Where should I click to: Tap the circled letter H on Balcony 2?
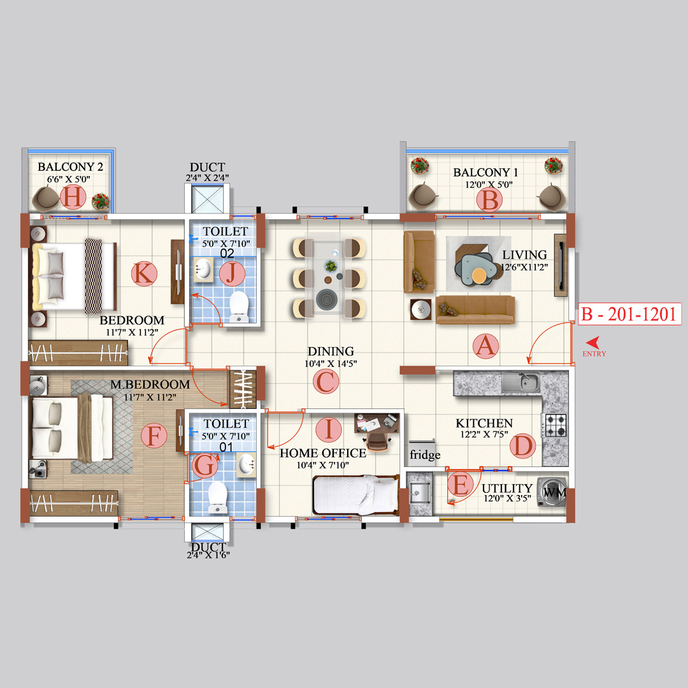(73, 198)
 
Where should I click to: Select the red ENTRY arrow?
(592, 341)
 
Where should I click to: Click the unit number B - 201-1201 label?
(627, 314)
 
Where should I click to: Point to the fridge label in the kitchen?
(425, 455)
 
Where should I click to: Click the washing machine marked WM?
(552, 491)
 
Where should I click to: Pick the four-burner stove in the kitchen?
(554, 425)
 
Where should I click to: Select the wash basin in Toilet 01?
(246, 464)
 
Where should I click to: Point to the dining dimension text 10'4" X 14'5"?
(331, 364)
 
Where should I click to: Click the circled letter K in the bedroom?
(143, 275)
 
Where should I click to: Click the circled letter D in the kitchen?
(522, 447)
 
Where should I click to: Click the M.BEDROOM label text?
(150, 385)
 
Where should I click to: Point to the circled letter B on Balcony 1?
(490, 200)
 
